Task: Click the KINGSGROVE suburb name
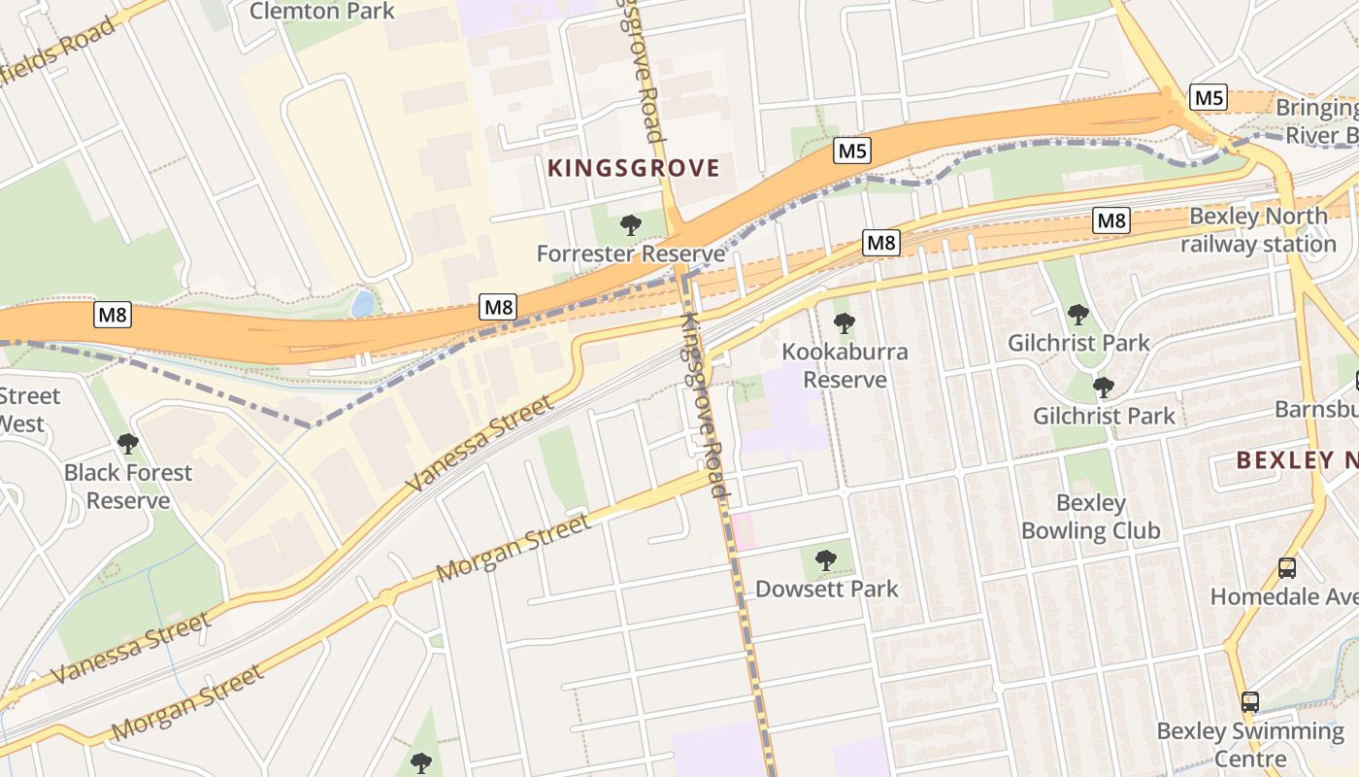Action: point(634,168)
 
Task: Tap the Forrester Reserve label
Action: point(631,254)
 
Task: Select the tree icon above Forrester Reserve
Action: point(631,225)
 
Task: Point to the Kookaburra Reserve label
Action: point(845,365)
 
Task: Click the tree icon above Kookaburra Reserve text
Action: point(845,323)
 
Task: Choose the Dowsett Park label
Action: point(826,589)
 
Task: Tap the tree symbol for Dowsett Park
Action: point(826,559)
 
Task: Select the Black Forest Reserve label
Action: point(128,487)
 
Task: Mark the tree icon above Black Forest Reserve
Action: point(128,444)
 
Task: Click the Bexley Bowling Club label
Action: point(1090,517)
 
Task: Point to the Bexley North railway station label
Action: point(1258,230)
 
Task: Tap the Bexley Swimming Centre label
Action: point(1250,744)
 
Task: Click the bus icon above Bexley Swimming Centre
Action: point(1250,701)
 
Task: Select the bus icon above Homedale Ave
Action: point(1287,568)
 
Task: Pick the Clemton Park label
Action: point(322,12)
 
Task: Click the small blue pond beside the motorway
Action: point(363,304)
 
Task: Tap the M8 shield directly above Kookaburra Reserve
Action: point(881,243)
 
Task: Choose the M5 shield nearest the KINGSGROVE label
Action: point(852,151)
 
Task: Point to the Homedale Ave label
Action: point(1283,596)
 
